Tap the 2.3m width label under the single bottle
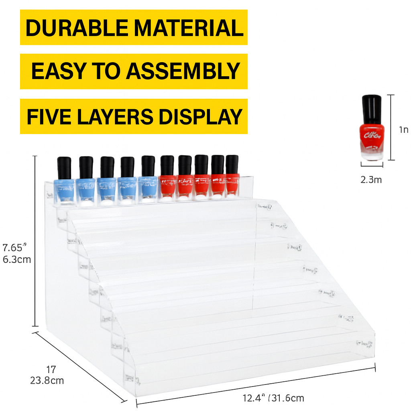click(x=371, y=180)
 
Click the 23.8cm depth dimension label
click(x=47, y=380)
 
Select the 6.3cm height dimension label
click(x=17, y=259)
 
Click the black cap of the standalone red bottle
click(x=371, y=109)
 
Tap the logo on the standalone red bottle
click(x=371, y=135)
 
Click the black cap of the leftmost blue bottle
click(x=64, y=168)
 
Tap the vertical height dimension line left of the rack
click(x=35, y=241)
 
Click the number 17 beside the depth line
click(x=51, y=369)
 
